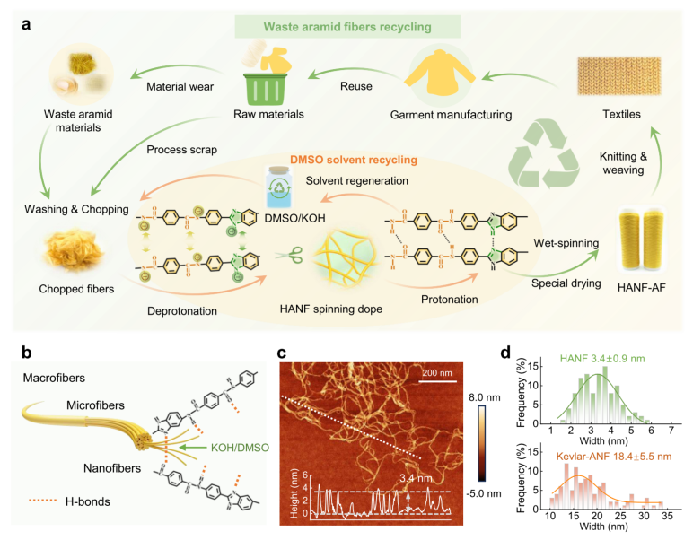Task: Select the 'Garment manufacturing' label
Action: click(439, 115)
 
